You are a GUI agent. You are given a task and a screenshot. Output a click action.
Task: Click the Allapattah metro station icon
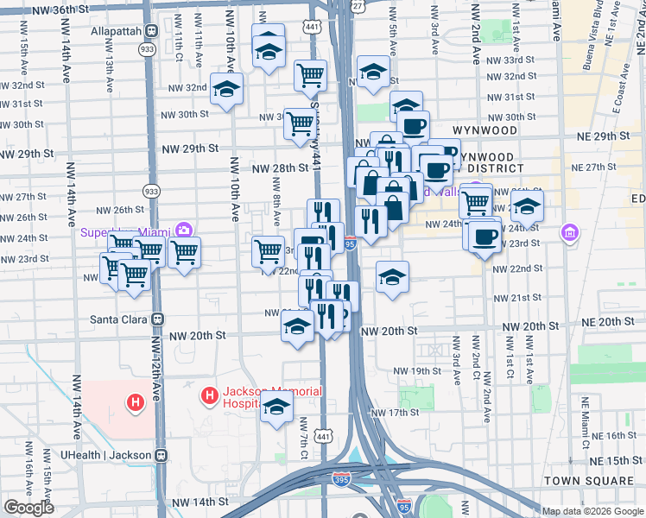tap(151, 31)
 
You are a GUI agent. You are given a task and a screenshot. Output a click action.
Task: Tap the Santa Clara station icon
tap(158, 319)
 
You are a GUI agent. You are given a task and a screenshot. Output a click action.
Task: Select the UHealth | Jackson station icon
tap(161, 454)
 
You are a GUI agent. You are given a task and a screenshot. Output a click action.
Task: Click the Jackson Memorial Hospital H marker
tap(208, 397)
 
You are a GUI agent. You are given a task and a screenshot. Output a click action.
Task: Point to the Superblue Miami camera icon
tap(183, 231)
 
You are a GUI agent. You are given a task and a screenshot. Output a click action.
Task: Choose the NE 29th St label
tap(598, 136)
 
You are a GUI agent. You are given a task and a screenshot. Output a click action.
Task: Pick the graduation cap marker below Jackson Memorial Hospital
tap(276, 407)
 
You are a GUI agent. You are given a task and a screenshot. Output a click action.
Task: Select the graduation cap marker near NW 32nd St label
tap(226, 89)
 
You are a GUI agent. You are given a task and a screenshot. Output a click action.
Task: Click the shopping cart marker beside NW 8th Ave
tap(269, 250)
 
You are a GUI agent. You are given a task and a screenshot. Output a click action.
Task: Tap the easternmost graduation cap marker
tap(527, 207)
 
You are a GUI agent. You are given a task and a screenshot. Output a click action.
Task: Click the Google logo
tap(28, 508)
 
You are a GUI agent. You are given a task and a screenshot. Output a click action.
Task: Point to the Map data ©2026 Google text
tap(592, 511)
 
